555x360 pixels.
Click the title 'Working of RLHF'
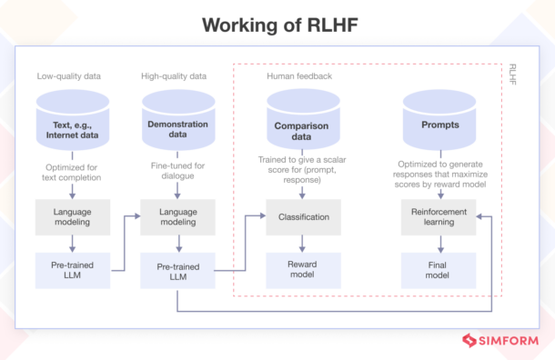click(x=277, y=25)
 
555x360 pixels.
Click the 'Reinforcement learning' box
click(x=440, y=217)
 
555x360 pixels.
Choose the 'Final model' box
click(x=440, y=269)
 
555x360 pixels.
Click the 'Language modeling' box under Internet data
click(x=72, y=217)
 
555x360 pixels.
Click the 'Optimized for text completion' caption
click(x=72, y=172)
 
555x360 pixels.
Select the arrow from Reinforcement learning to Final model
click(x=440, y=243)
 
